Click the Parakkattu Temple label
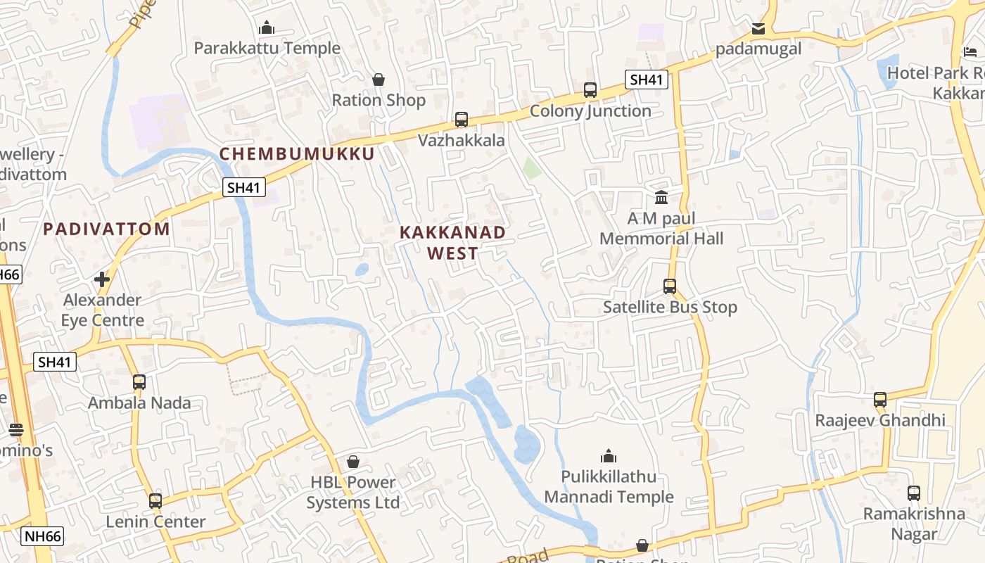click(267, 49)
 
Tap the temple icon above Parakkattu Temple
click(267, 28)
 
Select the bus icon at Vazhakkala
click(462, 120)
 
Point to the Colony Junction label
click(590, 111)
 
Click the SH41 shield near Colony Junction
click(647, 80)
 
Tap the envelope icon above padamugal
click(758, 29)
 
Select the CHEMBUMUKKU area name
click(297, 153)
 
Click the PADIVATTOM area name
click(106, 229)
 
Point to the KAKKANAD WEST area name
click(452, 243)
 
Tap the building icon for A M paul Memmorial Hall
click(661, 197)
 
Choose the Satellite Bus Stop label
click(670, 308)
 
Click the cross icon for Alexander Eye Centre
click(102, 279)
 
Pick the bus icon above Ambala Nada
click(139, 382)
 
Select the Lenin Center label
click(155, 522)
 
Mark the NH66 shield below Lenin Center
click(42, 536)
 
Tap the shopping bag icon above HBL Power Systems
click(353, 462)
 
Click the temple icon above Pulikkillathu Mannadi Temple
click(609, 456)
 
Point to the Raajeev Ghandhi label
click(879, 421)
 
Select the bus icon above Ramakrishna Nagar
click(914, 493)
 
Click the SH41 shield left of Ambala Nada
click(55, 362)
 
